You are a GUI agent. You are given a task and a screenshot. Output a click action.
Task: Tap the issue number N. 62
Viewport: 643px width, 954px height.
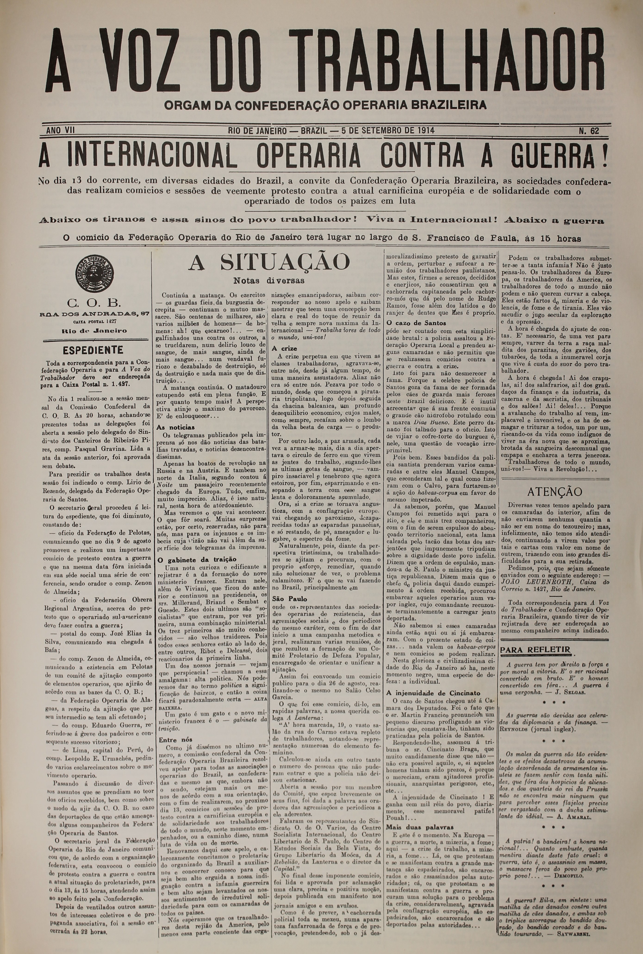click(589, 131)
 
